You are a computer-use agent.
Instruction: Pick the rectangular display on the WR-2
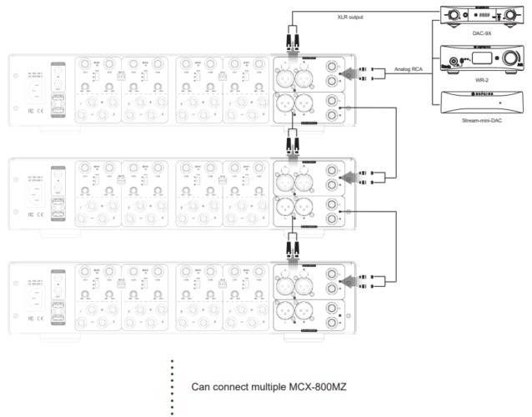(472, 60)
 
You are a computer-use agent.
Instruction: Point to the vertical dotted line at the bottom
(173, 388)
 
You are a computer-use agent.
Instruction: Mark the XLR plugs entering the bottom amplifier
(292, 244)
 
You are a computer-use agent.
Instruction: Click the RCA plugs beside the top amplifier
(364, 73)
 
